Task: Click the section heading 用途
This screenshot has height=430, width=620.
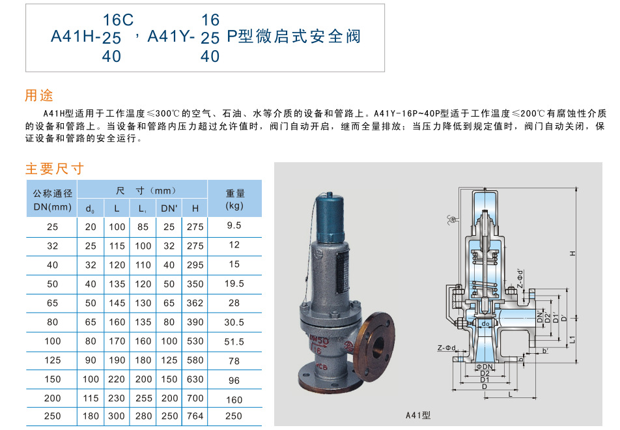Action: pyautogui.click(x=39, y=95)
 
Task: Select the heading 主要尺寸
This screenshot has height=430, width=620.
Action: pyautogui.click(x=55, y=169)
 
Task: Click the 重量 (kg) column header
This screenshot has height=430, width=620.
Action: pyautogui.click(x=234, y=199)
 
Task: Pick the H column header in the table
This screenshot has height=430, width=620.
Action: pyautogui.click(x=195, y=208)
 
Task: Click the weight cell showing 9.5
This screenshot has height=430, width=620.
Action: pyautogui.click(x=234, y=226)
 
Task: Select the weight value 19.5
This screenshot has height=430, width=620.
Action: pyautogui.click(x=234, y=284)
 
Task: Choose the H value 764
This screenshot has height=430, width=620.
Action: pyautogui.click(x=195, y=416)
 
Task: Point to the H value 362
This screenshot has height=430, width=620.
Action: pyautogui.click(x=195, y=303)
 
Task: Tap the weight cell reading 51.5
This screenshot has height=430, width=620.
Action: pyautogui.click(x=234, y=341)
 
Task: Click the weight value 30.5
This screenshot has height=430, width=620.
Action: pyautogui.click(x=234, y=322)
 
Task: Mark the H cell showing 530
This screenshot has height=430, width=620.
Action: pyautogui.click(x=195, y=341)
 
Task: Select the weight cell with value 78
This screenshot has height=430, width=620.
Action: pyautogui.click(x=234, y=360)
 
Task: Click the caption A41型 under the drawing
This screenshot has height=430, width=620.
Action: pyautogui.click(x=418, y=415)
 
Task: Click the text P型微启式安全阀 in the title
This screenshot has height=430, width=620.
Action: pyautogui.click(x=293, y=36)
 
